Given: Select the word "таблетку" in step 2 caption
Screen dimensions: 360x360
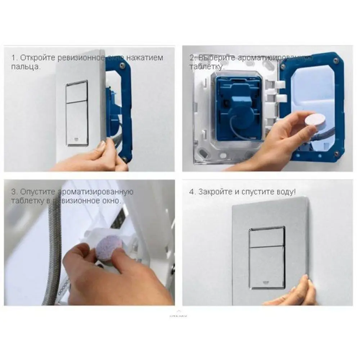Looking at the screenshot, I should coord(206,67).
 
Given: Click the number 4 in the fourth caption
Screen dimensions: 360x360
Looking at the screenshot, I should coord(192,192).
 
